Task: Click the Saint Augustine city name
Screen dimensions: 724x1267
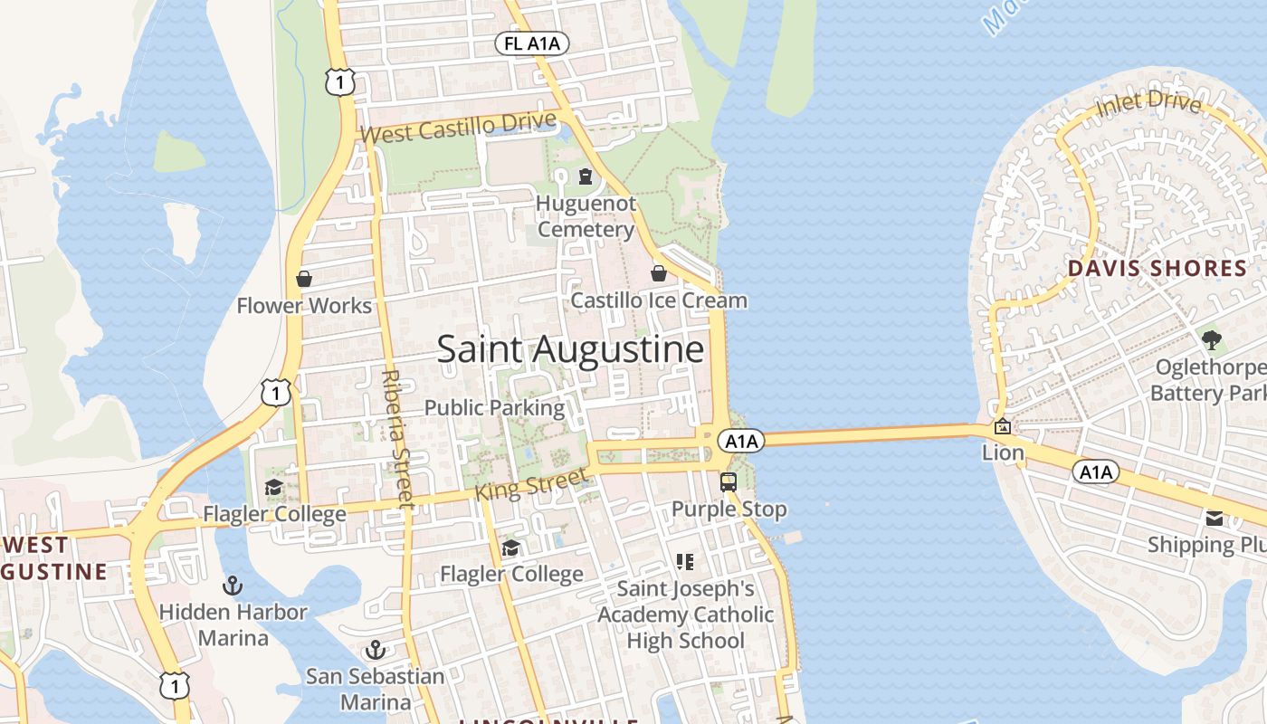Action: pyautogui.click(x=570, y=349)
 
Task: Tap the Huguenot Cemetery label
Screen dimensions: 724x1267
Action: pyautogui.click(x=586, y=216)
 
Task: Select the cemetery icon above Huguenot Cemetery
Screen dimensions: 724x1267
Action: pyautogui.click(x=586, y=176)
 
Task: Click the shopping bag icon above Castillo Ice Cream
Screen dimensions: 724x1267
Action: pyautogui.click(x=659, y=272)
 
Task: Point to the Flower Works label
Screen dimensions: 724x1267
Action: pyautogui.click(x=304, y=306)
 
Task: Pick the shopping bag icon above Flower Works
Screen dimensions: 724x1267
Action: pyautogui.click(x=304, y=279)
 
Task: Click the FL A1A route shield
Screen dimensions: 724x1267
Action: pyautogui.click(x=531, y=43)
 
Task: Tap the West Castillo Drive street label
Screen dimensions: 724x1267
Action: pyautogui.click(x=472, y=127)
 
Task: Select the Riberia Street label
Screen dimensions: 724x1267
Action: pyautogui.click(x=396, y=439)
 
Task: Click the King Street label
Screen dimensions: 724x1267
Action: pyautogui.click(x=531, y=481)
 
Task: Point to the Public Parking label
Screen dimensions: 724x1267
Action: pyautogui.click(x=494, y=407)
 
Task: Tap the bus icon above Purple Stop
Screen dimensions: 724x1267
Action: pyautogui.click(x=729, y=482)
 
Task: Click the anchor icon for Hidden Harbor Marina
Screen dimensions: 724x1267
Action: pyautogui.click(x=233, y=586)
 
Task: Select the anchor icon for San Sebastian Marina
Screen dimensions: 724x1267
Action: pyautogui.click(x=375, y=650)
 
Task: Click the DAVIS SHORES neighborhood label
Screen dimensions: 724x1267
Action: pyautogui.click(x=1157, y=268)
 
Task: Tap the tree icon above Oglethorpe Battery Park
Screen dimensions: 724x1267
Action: pyautogui.click(x=1211, y=341)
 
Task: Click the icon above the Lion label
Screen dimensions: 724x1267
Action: pyautogui.click(x=1003, y=426)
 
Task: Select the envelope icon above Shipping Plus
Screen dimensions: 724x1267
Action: pyautogui.click(x=1214, y=519)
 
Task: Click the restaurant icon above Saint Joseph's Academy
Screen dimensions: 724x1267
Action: pyautogui.click(x=685, y=562)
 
